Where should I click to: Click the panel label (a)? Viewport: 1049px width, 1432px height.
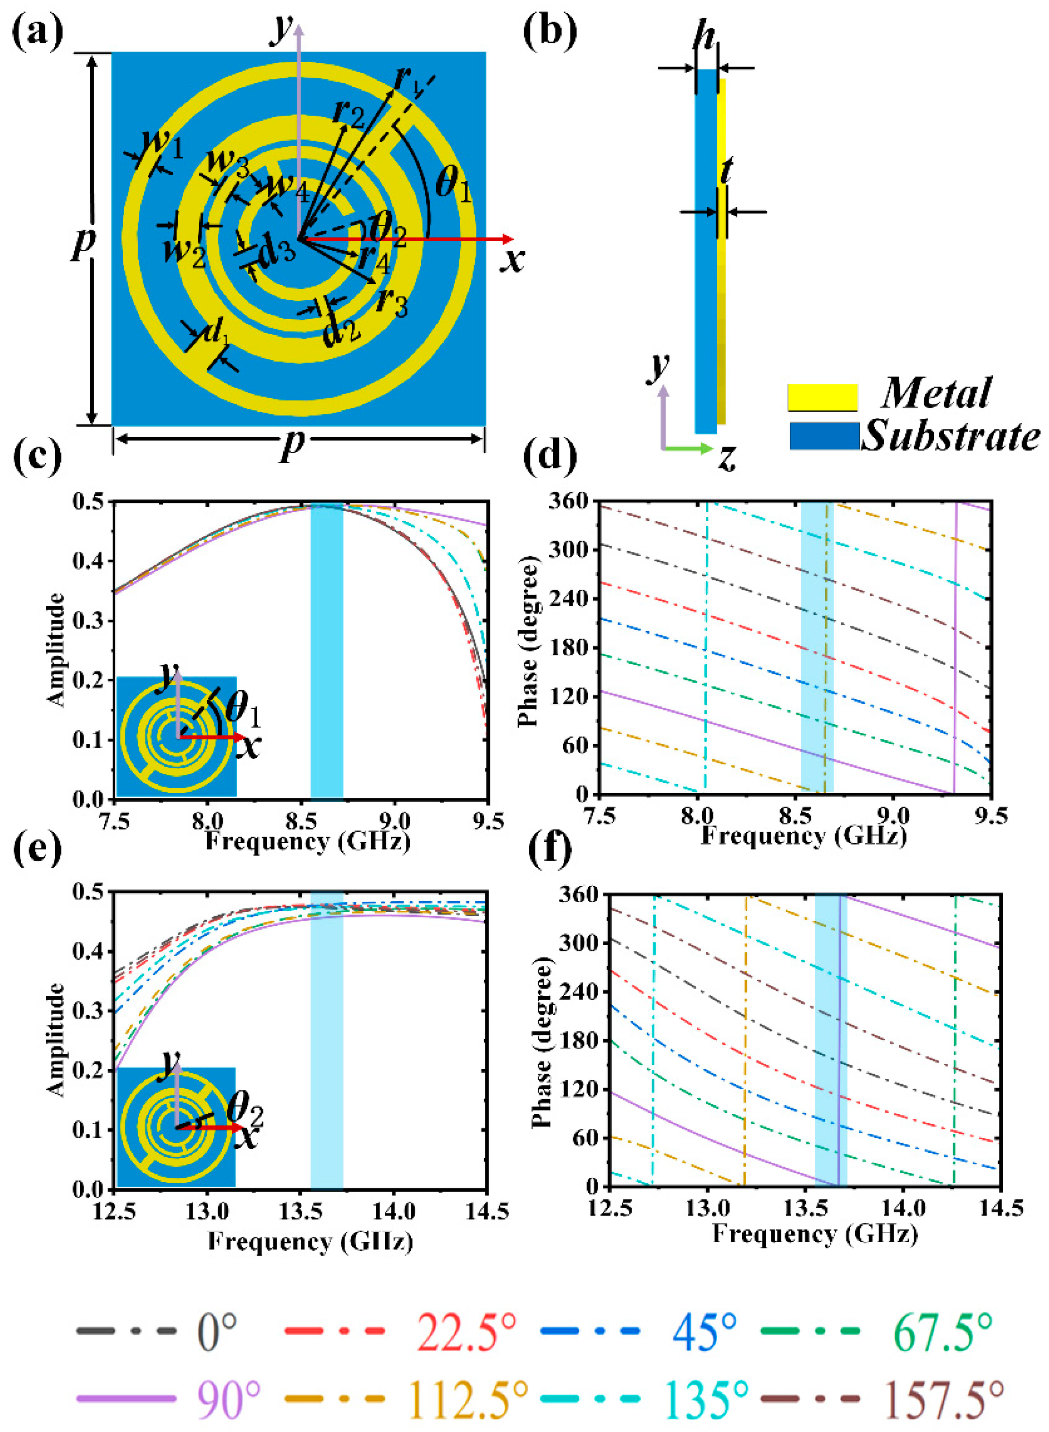(37, 31)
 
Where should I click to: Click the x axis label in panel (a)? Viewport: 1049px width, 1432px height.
(512, 259)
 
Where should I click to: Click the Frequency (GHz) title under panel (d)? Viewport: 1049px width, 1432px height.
(803, 836)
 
